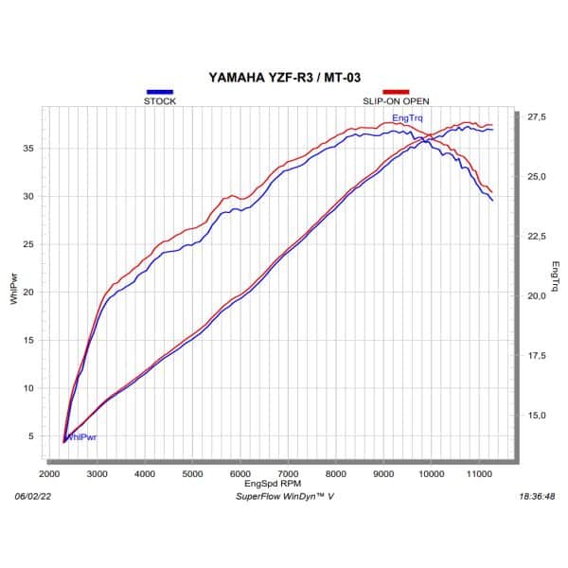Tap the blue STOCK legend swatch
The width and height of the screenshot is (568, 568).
[x=159, y=92]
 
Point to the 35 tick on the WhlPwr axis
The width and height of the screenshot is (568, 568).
[x=28, y=149]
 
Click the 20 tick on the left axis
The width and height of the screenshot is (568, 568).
[x=28, y=292]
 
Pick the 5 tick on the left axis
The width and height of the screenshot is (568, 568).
[x=31, y=435]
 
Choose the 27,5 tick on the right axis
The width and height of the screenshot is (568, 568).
[x=537, y=116]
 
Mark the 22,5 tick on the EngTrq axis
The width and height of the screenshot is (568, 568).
[x=537, y=236]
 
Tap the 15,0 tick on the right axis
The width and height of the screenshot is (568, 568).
[x=537, y=415]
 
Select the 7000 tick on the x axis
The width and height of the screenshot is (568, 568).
[x=288, y=472]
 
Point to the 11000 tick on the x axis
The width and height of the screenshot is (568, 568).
[x=479, y=472]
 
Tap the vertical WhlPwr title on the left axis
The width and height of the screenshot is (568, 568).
[x=12, y=288]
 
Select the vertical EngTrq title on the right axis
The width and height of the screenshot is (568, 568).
[x=556, y=275]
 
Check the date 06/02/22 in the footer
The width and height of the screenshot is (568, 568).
[x=33, y=495]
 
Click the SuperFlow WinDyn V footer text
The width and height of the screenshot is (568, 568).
[x=284, y=495]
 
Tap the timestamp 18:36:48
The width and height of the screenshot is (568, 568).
[x=537, y=495]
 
